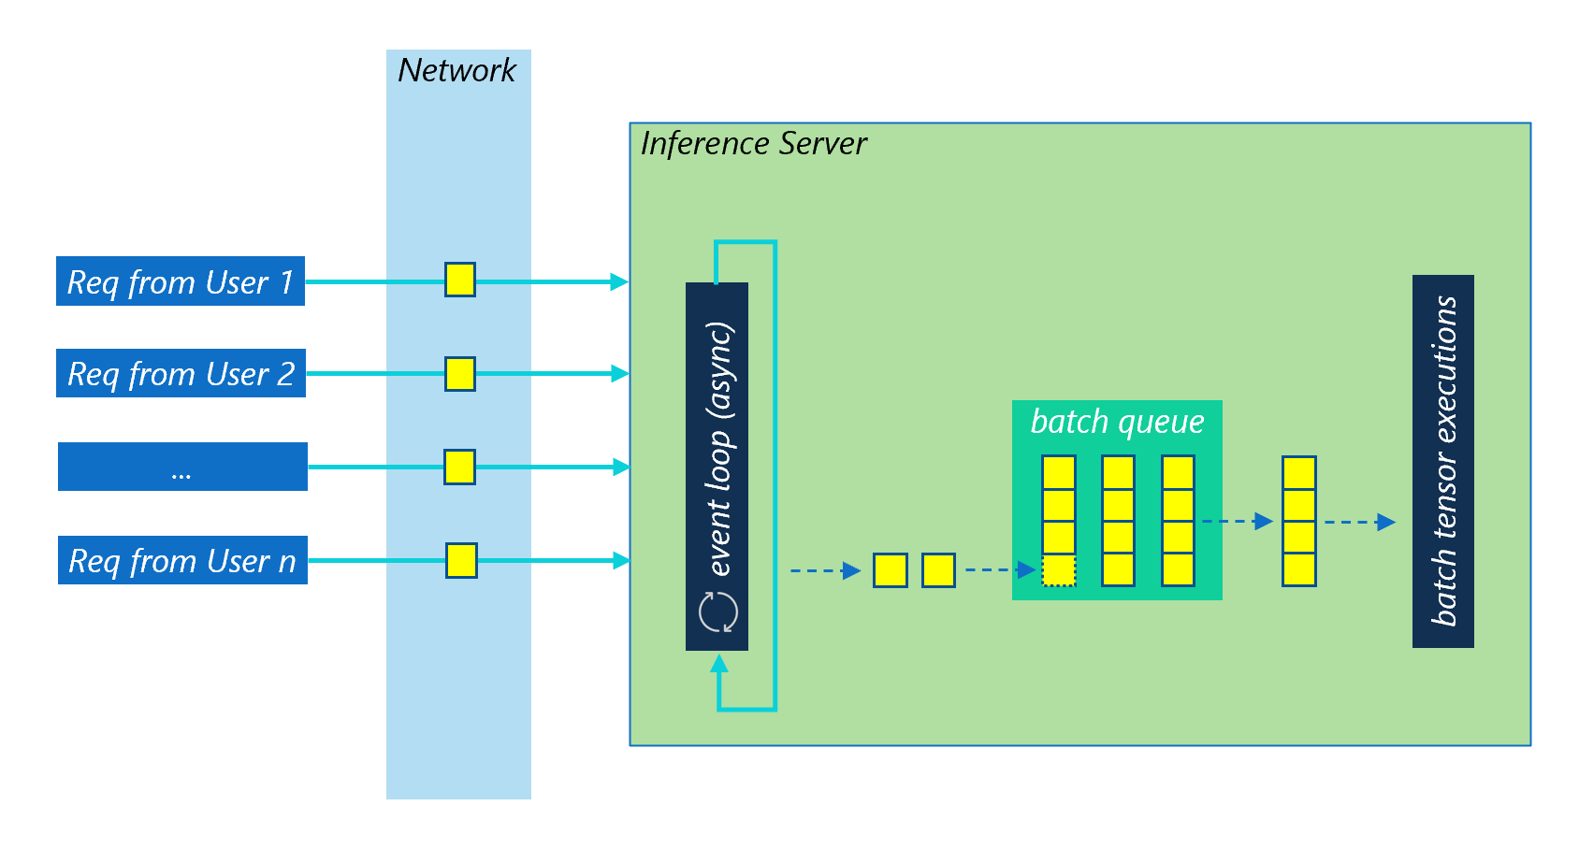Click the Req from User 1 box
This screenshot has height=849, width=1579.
click(181, 281)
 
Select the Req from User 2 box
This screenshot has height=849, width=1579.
click(181, 373)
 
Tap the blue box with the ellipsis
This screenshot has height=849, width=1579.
click(182, 467)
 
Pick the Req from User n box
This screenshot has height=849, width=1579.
click(182, 560)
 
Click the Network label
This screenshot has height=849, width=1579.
click(456, 70)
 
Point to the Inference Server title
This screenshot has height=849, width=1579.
click(753, 144)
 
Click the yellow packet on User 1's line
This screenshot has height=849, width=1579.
click(459, 280)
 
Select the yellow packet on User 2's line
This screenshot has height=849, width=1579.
click(459, 373)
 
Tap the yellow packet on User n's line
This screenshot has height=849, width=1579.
click(461, 560)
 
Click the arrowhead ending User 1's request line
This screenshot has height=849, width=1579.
click(618, 281)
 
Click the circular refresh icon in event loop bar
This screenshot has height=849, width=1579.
click(718, 612)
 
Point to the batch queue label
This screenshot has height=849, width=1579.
click(1117, 422)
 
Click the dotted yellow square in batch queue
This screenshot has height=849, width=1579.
click(1059, 570)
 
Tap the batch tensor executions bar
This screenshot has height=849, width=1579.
click(1442, 461)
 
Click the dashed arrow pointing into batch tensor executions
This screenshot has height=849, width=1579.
click(1362, 522)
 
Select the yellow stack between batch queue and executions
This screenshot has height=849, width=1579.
click(1298, 521)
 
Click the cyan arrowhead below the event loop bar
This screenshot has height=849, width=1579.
click(718, 664)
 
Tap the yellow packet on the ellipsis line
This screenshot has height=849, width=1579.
click(459, 467)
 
